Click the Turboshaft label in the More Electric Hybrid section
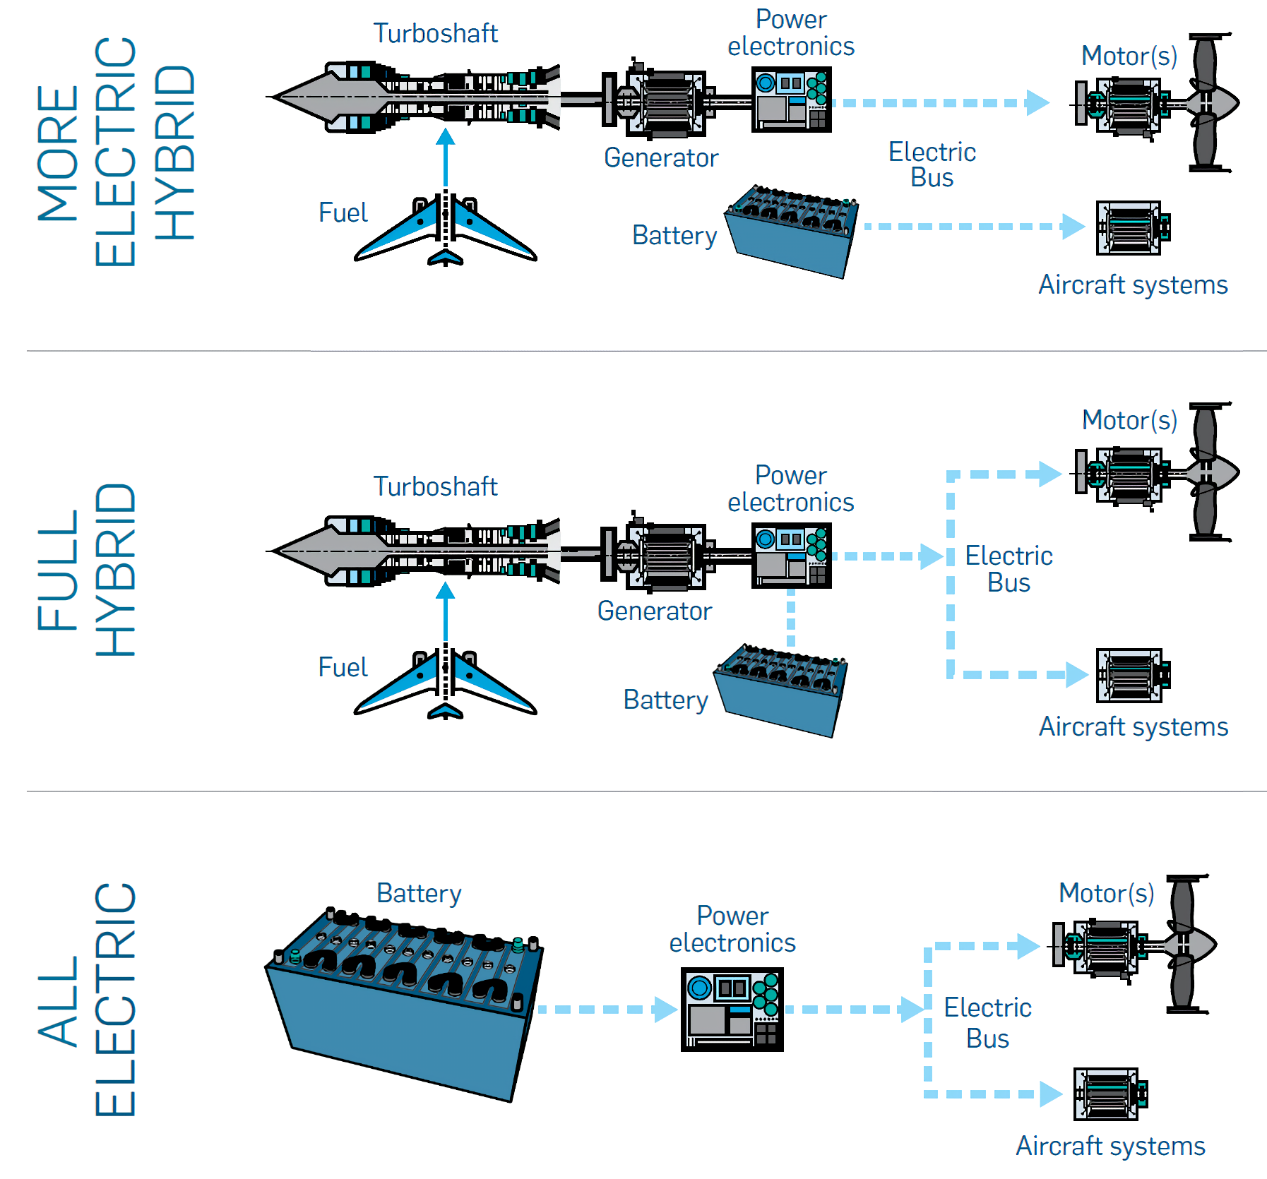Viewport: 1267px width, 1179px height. (435, 33)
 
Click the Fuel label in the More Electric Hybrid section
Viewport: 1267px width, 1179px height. (343, 213)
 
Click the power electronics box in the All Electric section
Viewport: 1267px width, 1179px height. (732, 1009)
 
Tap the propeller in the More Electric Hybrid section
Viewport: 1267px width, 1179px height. (1209, 102)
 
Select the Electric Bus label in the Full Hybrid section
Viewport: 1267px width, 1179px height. (1008, 569)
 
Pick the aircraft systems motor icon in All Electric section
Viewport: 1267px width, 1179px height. (1109, 1094)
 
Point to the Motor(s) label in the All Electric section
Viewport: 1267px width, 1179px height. (1106, 893)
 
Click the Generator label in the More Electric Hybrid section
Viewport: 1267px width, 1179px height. (661, 157)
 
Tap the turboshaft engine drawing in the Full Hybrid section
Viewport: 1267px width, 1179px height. (417, 551)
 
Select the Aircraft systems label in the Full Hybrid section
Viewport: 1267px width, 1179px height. (1133, 726)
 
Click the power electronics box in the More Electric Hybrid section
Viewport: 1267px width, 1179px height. (791, 100)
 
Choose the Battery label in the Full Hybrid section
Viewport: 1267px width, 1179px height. (665, 700)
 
